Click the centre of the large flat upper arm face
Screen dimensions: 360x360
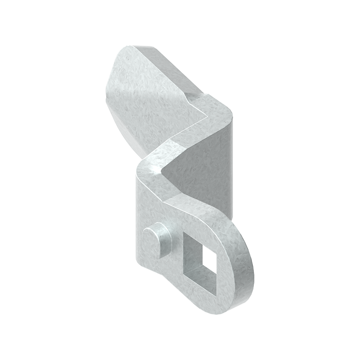coord(144,99)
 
